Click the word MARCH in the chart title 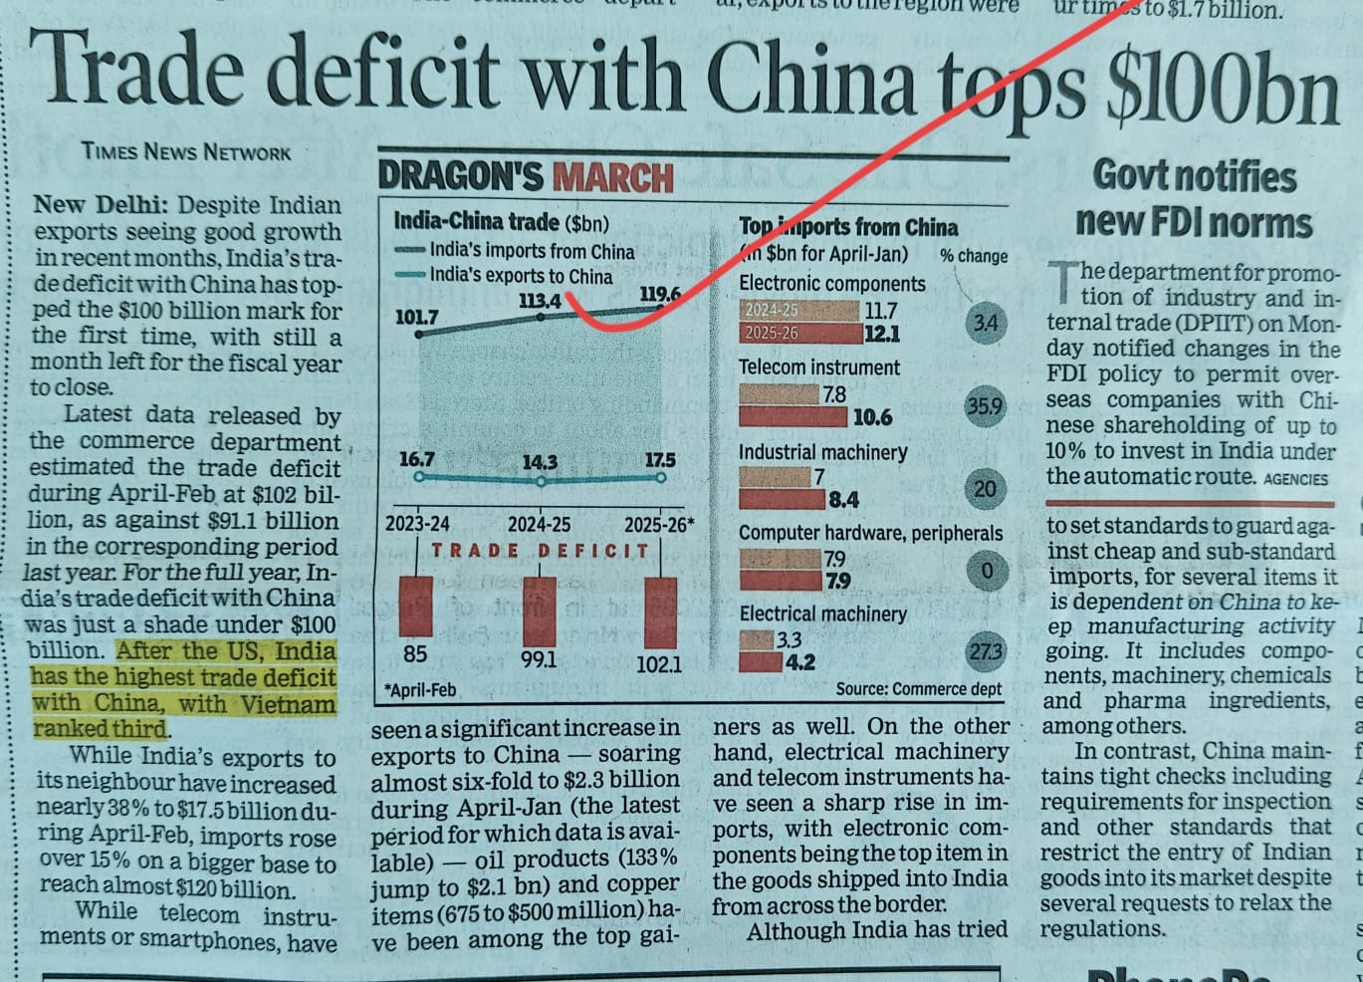(613, 177)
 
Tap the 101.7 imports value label (416, 317)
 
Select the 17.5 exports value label (659, 460)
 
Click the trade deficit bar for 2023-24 (415, 606)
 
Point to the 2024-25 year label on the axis (539, 525)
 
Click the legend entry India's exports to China (521, 276)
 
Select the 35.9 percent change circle (984, 406)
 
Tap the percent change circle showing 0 (987, 571)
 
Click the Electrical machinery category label (822, 614)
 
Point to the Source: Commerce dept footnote (918, 689)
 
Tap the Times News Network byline (186, 151)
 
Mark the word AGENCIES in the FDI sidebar (1295, 479)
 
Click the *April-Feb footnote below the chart (420, 689)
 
